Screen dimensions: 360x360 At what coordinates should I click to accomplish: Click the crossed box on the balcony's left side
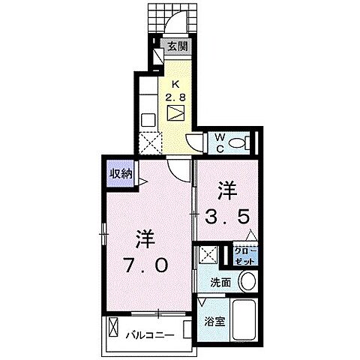click(113, 328)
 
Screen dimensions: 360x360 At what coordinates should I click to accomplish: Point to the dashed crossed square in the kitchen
click(149, 139)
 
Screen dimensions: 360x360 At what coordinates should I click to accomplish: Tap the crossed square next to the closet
click(208, 256)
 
